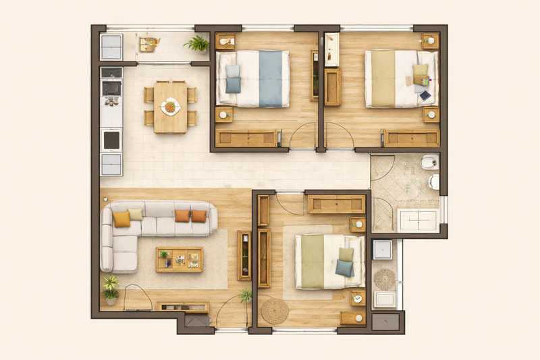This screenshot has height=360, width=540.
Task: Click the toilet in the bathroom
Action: (x=433, y=182)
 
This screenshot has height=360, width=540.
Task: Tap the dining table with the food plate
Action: (x=169, y=107)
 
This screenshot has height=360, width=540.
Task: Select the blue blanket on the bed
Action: (x=270, y=78)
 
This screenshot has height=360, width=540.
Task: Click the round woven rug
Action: (x=275, y=311)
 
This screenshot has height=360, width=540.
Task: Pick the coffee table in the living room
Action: (x=179, y=259)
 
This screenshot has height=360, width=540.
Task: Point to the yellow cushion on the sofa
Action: (x=122, y=219)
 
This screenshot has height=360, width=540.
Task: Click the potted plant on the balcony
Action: (x=198, y=45)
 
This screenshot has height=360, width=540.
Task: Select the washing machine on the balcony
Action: (x=111, y=47)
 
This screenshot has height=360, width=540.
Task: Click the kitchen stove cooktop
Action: (x=111, y=88)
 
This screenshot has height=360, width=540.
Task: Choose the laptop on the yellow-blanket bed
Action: (x=425, y=95)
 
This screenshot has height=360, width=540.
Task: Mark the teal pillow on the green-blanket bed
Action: (x=345, y=268)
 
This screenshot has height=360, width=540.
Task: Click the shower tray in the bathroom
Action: (x=417, y=220)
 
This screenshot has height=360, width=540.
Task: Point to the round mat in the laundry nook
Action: (x=385, y=278)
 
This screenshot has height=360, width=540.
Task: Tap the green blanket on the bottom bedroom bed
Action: (x=312, y=261)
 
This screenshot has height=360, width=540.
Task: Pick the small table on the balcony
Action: (x=148, y=45)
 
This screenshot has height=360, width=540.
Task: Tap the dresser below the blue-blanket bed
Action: (x=246, y=138)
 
